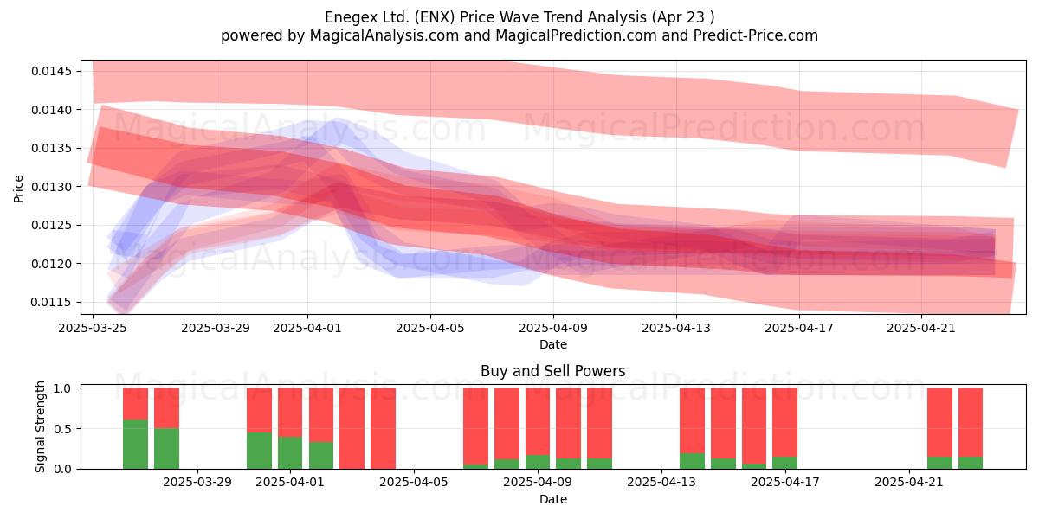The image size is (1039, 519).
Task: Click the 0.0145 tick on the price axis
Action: point(51,71)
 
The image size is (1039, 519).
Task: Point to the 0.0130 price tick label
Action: point(51,187)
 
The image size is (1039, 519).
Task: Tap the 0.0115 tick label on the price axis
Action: point(51,302)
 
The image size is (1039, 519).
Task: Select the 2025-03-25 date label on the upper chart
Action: point(93,328)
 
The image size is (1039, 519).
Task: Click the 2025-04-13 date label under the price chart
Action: point(676,328)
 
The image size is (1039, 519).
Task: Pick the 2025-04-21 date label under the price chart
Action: point(921,328)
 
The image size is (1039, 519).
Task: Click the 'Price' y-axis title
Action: point(18,189)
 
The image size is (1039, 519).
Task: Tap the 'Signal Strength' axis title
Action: point(41,426)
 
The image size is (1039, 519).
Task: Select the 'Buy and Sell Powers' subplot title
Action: point(553,371)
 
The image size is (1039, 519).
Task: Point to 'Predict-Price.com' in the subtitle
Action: point(756,35)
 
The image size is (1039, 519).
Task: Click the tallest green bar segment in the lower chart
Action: point(135,444)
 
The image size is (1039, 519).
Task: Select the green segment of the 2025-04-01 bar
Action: point(290,452)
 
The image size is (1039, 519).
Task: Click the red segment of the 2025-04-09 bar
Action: point(538,421)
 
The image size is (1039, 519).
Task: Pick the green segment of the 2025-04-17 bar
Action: point(784,463)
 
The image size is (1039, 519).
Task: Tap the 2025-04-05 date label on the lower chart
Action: point(414,483)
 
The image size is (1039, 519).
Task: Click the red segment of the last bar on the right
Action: point(971,422)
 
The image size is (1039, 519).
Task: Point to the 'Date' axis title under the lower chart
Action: point(553,499)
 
